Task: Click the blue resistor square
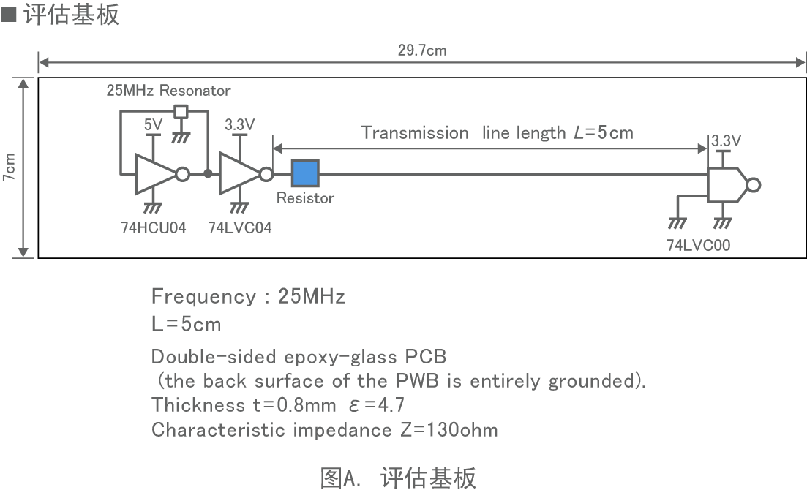pyautogui.click(x=305, y=174)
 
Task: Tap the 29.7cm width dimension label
pyautogui.click(x=422, y=50)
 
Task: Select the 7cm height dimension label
pyautogui.click(x=9, y=167)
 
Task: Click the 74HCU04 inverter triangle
pyautogui.click(x=154, y=174)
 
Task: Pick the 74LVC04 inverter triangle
pyautogui.click(x=239, y=174)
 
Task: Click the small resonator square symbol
pyautogui.click(x=181, y=112)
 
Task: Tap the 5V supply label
pyautogui.click(x=153, y=125)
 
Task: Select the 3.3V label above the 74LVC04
pyautogui.click(x=239, y=125)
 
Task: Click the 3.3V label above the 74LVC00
pyautogui.click(x=726, y=140)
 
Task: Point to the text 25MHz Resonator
pyautogui.click(x=168, y=91)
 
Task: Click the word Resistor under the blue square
pyautogui.click(x=305, y=198)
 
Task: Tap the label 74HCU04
pyautogui.click(x=154, y=227)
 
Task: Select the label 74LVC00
pyautogui.click(x=698, y=246)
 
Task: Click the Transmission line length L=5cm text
pyautogui.click(x=497, y=132)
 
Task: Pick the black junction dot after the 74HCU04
pyautogui.click(x=208, y=174)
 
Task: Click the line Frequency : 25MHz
pyautogui.click(x=248, y=296)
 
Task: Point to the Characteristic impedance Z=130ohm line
pyautogui.click(x=324, y=429)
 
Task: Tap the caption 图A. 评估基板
pyautogui.click(x=398, y=478)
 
